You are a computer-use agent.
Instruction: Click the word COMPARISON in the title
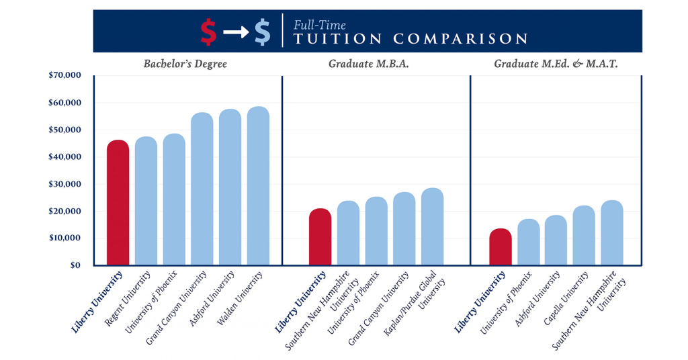pyautogui.click(x=460, y=38)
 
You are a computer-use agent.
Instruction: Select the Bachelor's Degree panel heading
pyautogui.click(x=185, y=64)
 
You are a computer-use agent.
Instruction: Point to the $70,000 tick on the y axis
pyautogui.click(x=64, y=76)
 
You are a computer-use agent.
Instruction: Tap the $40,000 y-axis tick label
pyautogui.click(x=64, y=157)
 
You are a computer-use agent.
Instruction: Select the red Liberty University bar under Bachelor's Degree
pyautogui.click(x=118, y=202)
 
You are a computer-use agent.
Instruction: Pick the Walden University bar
pyautogui.click(x=258, y=185)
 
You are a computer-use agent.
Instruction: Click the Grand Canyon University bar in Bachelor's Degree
pyautogui.click(x=202, y=189)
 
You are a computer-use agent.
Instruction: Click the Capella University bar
pyautogui.click(x=584, y=235)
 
